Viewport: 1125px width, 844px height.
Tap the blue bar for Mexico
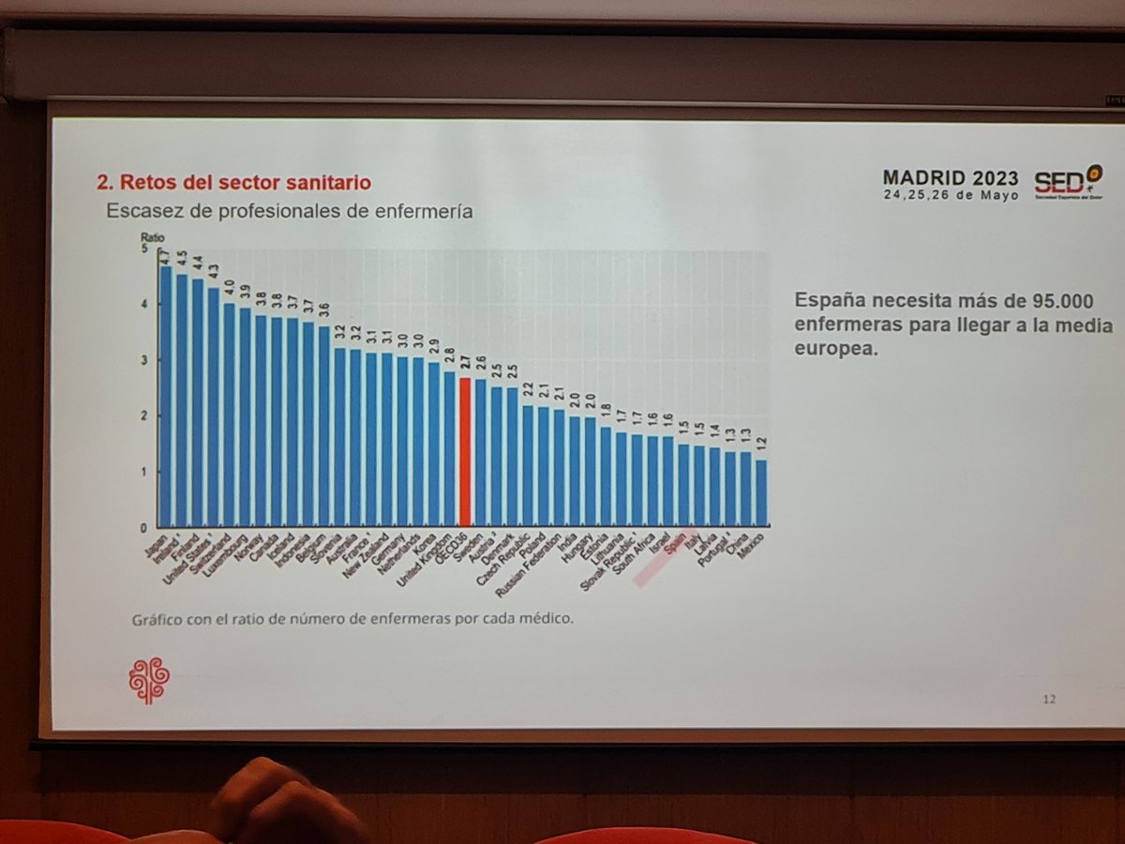(x=761, y=492)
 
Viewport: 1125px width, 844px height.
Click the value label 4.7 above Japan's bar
(x=164, y=255)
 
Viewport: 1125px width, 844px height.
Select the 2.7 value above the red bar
(x=464, y=364)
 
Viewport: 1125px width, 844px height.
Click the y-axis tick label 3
(x=143, y=360)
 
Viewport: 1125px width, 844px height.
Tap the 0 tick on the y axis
(x=143, y=527)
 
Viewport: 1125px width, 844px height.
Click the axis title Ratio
(x=153, y=237)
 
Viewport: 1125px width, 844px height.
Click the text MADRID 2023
(x=950, y=179)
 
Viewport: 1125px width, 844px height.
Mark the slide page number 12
(x=1049, y=699)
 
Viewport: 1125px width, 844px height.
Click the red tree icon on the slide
(x=148, y=680)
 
